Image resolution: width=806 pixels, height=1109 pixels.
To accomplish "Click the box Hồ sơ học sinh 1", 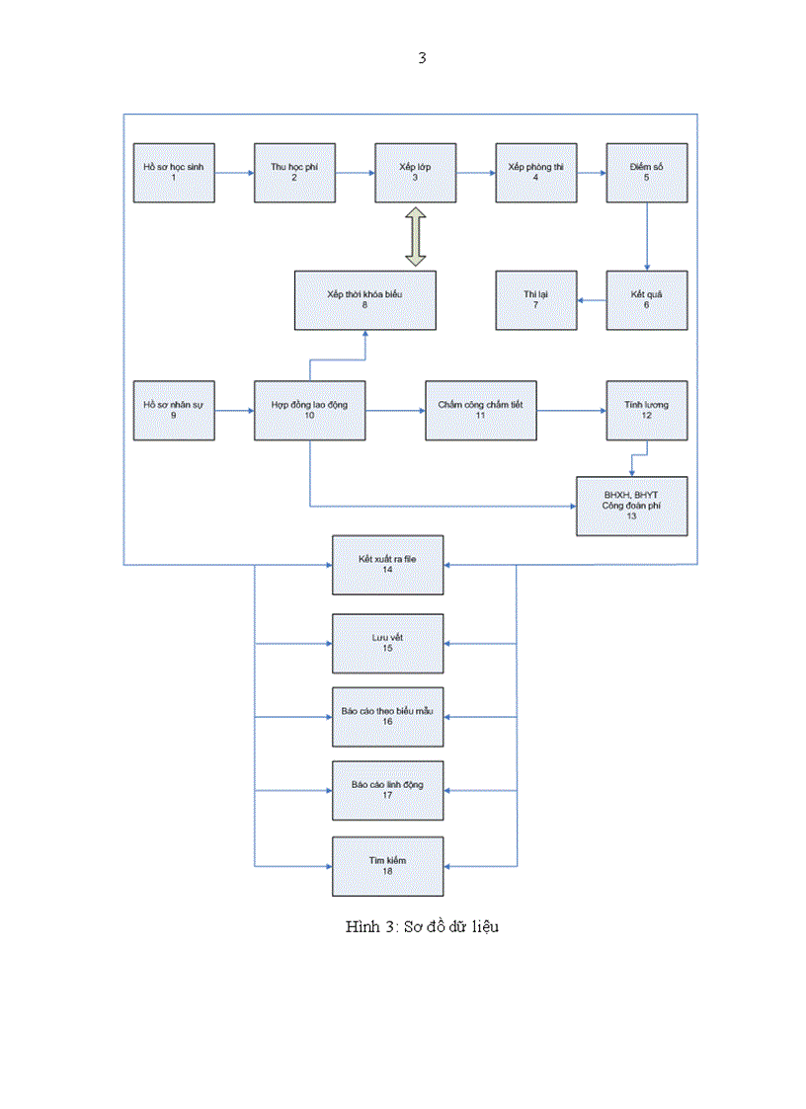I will (x=174, y=173).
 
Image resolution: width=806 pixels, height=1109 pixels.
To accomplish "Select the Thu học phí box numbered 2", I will (x=294, y=173).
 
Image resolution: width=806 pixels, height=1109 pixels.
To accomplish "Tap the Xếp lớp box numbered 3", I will (x=415, y=173).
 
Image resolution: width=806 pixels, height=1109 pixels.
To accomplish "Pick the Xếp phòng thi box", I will (x=535, y=173).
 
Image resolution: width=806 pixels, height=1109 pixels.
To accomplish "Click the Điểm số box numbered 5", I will (x=647, y=173).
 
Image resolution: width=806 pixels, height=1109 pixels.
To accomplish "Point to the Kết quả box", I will (x=647, y=300).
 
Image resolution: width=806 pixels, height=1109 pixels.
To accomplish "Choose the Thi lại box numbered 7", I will (x=535, y=300).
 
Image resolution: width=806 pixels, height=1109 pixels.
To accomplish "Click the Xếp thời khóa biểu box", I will (x=364, y=300).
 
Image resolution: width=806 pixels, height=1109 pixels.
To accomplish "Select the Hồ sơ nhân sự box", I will (x=174, y=410).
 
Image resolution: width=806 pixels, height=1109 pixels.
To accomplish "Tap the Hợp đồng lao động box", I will (x=310, y=410).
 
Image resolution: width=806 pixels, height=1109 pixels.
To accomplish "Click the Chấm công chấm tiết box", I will (x=481, y=410).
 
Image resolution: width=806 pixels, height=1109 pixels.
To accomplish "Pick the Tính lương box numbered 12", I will (x=647, y=410).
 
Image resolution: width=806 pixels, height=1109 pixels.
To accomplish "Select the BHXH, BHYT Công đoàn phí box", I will (x=632, y=506).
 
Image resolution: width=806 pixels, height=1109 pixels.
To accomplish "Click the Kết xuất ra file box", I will (x=388, y=565).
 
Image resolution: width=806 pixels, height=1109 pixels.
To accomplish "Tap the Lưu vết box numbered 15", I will (x=388, y=643).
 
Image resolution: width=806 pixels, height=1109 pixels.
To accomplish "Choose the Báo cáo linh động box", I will (x=388, y=790).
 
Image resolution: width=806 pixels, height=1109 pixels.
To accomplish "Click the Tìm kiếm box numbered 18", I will (x=388, y=866).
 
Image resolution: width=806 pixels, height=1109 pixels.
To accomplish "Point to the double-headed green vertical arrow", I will (x=415, y=236).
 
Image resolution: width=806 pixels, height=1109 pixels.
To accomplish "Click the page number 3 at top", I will (x=422, y=58).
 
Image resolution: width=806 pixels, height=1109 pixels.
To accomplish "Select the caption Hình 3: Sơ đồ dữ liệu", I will (x=422, y=926).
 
